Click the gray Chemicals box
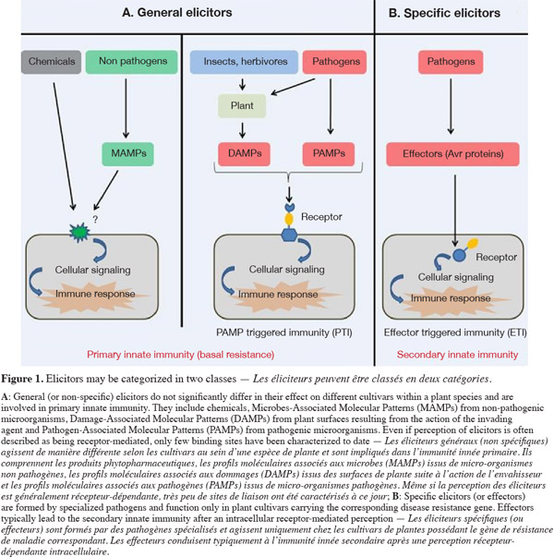coord(51,62)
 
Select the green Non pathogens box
coord(132,62)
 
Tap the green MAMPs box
coord(127,154)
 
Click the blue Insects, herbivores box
coord(244,62)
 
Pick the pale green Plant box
coord(242,106)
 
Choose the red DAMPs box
coord(245,154)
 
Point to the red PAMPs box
coord(329,154)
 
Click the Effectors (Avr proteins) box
coord(452,154)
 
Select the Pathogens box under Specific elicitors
coord(451,62)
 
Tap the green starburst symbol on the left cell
coord(79,232)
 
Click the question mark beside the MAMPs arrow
coord(95,219)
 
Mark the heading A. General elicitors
coord(177,13)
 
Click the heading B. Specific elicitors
coord(444,13)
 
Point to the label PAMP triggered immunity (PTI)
coord(284,333)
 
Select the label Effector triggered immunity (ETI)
coord(455,333)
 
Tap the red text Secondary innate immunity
coord(457,355)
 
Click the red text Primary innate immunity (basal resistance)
coord(180,355)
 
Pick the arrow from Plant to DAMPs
coord(242,130)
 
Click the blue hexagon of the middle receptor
coord(289,235)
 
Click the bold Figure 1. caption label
coord(22,379)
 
